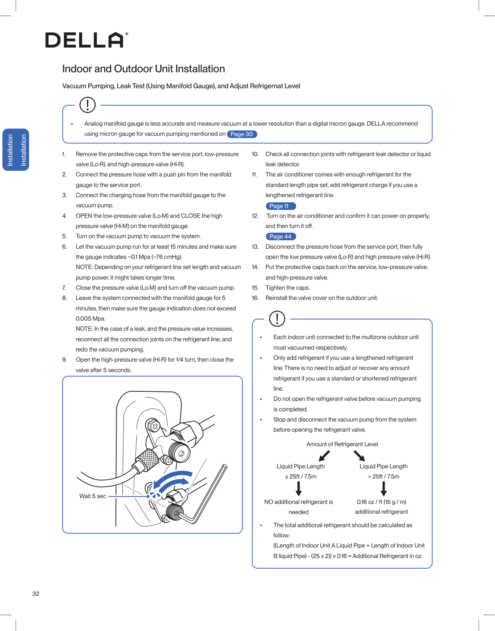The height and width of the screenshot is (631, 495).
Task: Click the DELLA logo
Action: click(86, 40)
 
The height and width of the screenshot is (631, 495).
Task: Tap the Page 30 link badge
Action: click(242, 134)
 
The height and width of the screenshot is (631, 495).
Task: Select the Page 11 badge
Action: click(281, 206)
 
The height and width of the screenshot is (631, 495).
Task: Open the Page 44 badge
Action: click(281, 237)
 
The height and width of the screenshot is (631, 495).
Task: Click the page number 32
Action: click(36, 594)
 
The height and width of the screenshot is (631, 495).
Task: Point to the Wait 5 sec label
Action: click(93, 496)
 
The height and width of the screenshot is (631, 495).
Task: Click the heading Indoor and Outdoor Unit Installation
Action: click(143, 69)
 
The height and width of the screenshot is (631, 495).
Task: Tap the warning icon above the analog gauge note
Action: click(88, 105)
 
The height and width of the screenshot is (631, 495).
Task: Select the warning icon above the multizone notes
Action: click(277, 319)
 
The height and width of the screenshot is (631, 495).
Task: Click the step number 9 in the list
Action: click(64, 360)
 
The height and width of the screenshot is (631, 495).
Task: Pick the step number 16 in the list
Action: click(255, 298)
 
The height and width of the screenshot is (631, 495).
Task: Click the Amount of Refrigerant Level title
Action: click(342, 444)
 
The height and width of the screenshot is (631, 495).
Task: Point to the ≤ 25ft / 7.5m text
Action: click(301, 477)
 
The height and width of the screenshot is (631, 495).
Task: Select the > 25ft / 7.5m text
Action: click(384, 477)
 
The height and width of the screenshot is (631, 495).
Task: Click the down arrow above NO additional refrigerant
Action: click(299, 489)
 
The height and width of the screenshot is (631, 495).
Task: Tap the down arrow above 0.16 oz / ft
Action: click(384, 489)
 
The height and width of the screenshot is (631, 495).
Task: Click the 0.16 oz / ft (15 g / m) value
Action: click(381, 502)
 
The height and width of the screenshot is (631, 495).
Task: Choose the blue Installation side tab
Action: click(16, 150)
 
